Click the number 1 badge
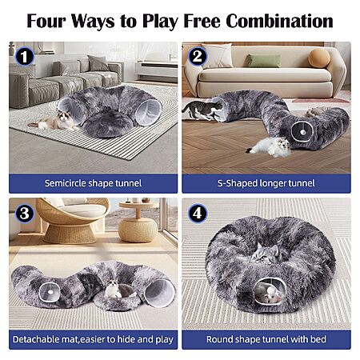25,56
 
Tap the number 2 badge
198,56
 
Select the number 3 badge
25,214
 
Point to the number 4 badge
198,214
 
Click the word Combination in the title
279,21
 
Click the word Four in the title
46,21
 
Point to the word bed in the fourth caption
318,339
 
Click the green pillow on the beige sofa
263,61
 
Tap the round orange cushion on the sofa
319,58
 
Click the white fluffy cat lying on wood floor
270,147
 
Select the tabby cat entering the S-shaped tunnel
203,110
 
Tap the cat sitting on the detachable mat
113,289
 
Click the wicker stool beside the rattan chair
138,230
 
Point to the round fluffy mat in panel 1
108,123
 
